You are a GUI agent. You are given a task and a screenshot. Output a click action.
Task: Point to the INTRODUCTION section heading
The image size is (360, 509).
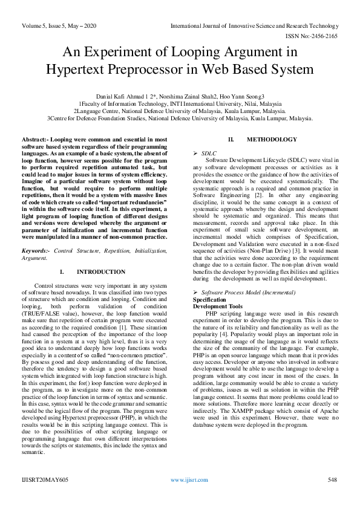pyautogui.click(x=101, y=272)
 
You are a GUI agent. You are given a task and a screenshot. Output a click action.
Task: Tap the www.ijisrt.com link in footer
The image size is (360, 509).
pyautogui.click(x=189, y=479)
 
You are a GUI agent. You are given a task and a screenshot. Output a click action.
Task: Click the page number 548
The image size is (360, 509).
pyautogui.click(x=332, y=479)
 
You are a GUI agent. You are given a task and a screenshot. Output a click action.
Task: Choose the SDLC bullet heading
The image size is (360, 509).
pyautogui.click(x=209, y=154)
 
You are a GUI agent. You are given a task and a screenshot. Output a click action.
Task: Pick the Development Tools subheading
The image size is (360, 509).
pyautogui.click(x=218, y=306)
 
